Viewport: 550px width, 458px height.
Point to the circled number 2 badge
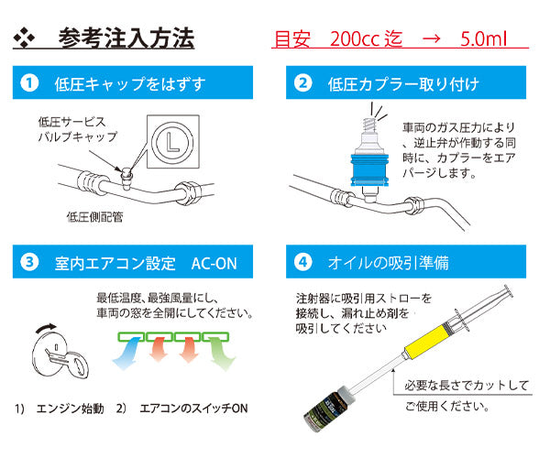pos(303,84)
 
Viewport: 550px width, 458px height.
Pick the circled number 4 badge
pos(303,264)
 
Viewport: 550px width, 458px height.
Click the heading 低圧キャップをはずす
pos(130,85)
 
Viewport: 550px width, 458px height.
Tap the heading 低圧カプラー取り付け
pos(402,85)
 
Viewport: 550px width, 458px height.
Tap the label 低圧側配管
pos(95,217)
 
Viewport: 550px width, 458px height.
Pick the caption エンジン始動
pos(72,407)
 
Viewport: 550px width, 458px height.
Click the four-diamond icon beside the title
pos(27,39)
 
